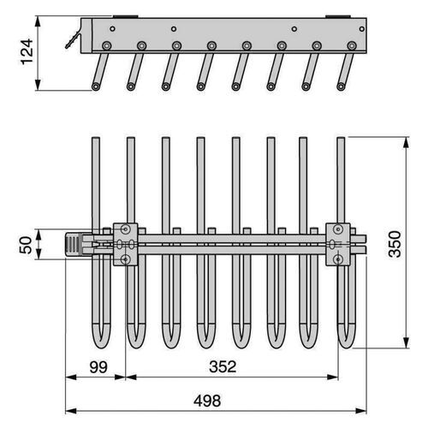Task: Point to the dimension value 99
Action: pos(96,369)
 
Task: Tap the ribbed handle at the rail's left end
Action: pos(75,245)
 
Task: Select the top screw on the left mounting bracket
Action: pos(127,229)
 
